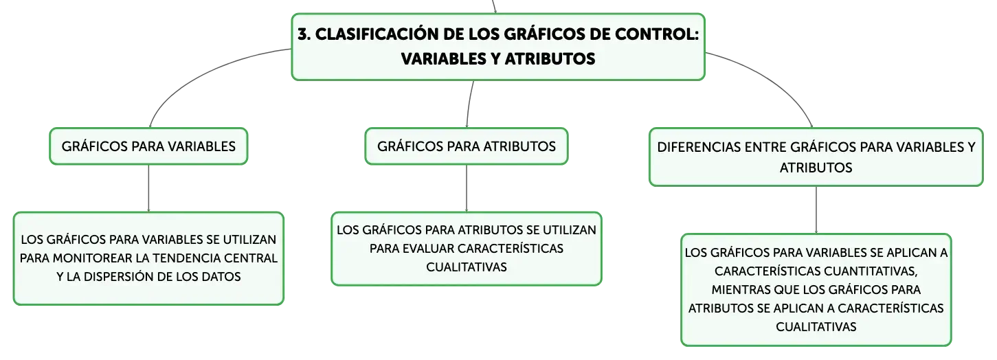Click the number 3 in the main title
(x=303, y=34)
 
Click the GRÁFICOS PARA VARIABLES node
(x=148, y=146)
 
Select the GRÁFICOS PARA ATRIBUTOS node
(x=467, y=146)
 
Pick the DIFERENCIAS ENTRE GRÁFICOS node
(x=816, y=157)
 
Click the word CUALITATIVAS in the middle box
(x=467, y=267)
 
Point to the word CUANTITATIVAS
(x=869, y=271)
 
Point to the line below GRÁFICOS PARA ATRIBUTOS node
(x=467, y=188)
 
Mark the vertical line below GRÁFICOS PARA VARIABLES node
(x=148, y=188)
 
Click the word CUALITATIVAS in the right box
(x=816, y=327)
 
